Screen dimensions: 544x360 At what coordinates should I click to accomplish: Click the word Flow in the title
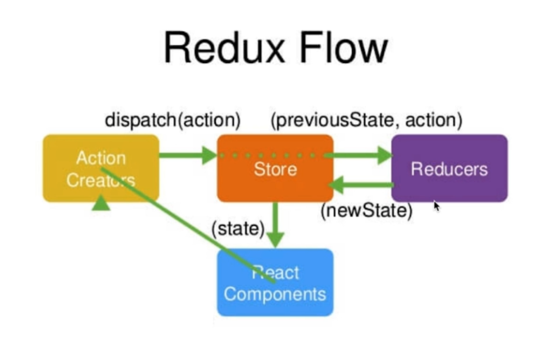(x=343, y=47)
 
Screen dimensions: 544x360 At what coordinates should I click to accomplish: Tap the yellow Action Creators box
(x=101, y=168)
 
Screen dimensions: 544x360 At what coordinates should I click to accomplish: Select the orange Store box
(x=275, y=168)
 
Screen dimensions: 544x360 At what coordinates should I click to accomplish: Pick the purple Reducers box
(x=450, y=168)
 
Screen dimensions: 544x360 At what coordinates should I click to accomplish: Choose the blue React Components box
(x=275, y=283)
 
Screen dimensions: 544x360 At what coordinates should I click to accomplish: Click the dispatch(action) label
(x=173, y=120)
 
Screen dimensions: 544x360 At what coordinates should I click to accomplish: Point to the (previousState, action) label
(x=367, y=120)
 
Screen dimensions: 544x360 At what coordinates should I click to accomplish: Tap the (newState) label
(x=367, y=210)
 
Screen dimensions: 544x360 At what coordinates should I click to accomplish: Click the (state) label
(x=238, y=229)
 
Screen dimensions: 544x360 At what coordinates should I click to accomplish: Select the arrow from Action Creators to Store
(x=189, y=155)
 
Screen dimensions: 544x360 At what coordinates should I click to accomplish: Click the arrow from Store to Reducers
(x=358, y=155)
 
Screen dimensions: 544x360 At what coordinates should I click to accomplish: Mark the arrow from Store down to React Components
(x=276, y=225)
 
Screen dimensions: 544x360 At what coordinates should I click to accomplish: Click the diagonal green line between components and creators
(x=188, y=225)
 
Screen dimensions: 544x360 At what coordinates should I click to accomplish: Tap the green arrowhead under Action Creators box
(x=101, y=203)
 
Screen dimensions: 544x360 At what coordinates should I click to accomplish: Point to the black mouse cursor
(x=437, y=206)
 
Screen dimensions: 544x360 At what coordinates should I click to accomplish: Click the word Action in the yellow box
(x=101, y=158)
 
